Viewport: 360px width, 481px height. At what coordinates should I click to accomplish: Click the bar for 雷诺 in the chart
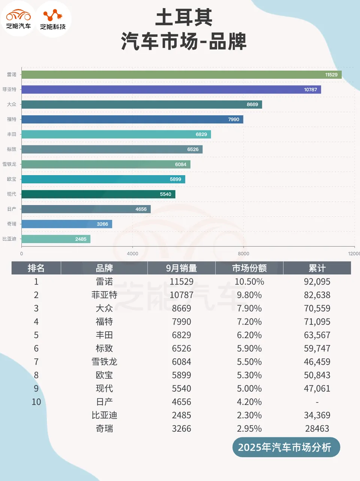181,74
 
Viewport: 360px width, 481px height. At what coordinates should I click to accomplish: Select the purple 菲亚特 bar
171,89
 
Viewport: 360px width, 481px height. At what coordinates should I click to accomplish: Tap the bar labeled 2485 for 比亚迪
56,239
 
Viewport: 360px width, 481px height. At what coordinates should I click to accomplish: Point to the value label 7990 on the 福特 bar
233,119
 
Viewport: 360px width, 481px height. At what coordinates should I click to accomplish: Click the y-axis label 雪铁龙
9,164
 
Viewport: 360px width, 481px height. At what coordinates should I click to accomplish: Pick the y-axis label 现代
12,194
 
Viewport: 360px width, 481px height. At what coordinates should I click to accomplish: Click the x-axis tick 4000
133,254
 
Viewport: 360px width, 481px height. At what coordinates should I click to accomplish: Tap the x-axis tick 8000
243,254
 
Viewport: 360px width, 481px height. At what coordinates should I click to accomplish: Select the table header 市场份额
249,268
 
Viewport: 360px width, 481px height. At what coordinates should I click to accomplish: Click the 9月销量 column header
181,268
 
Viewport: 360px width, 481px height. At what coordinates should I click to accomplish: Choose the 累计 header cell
317,268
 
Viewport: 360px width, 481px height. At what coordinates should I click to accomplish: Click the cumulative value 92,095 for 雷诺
317,282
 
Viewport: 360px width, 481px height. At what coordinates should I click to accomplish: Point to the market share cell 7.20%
249,322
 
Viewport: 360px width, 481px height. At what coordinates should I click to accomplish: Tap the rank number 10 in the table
36,402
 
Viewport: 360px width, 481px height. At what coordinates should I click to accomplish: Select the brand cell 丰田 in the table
104,335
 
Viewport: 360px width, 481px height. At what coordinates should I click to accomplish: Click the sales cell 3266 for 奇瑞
181,428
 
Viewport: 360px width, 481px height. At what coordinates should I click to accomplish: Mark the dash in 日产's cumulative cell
317,402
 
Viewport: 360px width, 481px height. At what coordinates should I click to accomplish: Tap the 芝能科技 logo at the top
53,19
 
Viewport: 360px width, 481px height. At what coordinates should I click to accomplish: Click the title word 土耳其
184,18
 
